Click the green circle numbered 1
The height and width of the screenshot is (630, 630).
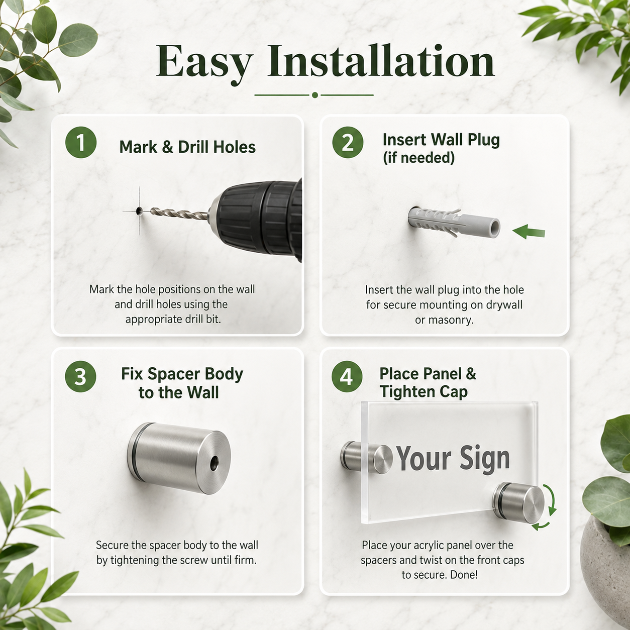[81, 143]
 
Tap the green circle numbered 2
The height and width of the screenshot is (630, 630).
[348, 143]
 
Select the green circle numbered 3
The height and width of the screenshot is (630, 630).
[80, 376]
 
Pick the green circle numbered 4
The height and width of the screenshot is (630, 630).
[347, 376]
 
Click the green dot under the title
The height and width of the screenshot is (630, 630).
[315, 95]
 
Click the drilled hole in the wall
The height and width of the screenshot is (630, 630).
[140, 211]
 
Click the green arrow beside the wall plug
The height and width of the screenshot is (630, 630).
[529, 232]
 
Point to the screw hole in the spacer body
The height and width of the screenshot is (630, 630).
[214, 463]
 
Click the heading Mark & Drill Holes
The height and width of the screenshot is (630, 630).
[187, 147]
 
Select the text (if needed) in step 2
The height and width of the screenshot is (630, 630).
[418, 158]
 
